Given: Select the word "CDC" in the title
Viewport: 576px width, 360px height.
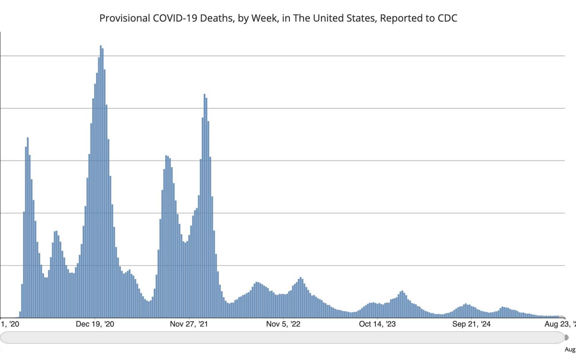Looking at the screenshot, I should (x=447, y=18).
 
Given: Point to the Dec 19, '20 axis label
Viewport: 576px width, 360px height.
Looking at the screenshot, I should (x=95, y=324).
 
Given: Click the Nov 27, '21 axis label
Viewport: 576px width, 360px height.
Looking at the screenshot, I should (x=189, y=324).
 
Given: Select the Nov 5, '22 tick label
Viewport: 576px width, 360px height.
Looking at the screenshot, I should (x=283, y=324).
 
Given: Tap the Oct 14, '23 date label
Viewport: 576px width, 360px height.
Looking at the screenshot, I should (x=377, y=324).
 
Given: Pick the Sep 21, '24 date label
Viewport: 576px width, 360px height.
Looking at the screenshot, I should (x=471, y=324).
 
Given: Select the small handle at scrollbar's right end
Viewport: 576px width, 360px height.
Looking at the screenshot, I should (x=567, y=337).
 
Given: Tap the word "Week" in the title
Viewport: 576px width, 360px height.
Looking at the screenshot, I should (x=264, y=18).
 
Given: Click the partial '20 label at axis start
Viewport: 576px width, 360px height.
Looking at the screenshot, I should (x=10, y=324).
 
